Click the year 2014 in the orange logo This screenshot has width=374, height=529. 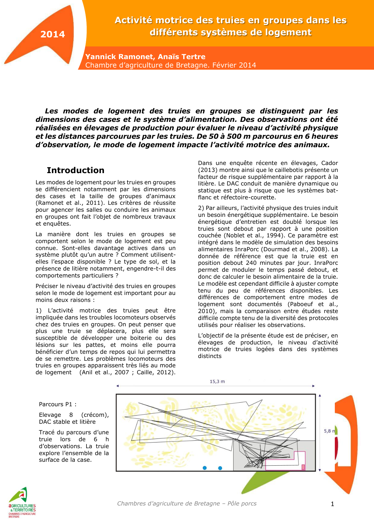click(53, 34)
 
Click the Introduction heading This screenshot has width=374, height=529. click(75, 170)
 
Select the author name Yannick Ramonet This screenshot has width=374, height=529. click(119, 57)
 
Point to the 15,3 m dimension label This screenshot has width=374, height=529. click(217, 382)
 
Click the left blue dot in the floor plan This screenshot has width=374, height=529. click(205, 468)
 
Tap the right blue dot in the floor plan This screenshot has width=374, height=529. click(220, 468)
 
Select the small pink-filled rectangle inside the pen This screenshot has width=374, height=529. click(303, 467)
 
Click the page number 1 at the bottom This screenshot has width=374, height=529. click(332, 504)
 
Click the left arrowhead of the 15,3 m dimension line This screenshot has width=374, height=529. click(118, 386)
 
